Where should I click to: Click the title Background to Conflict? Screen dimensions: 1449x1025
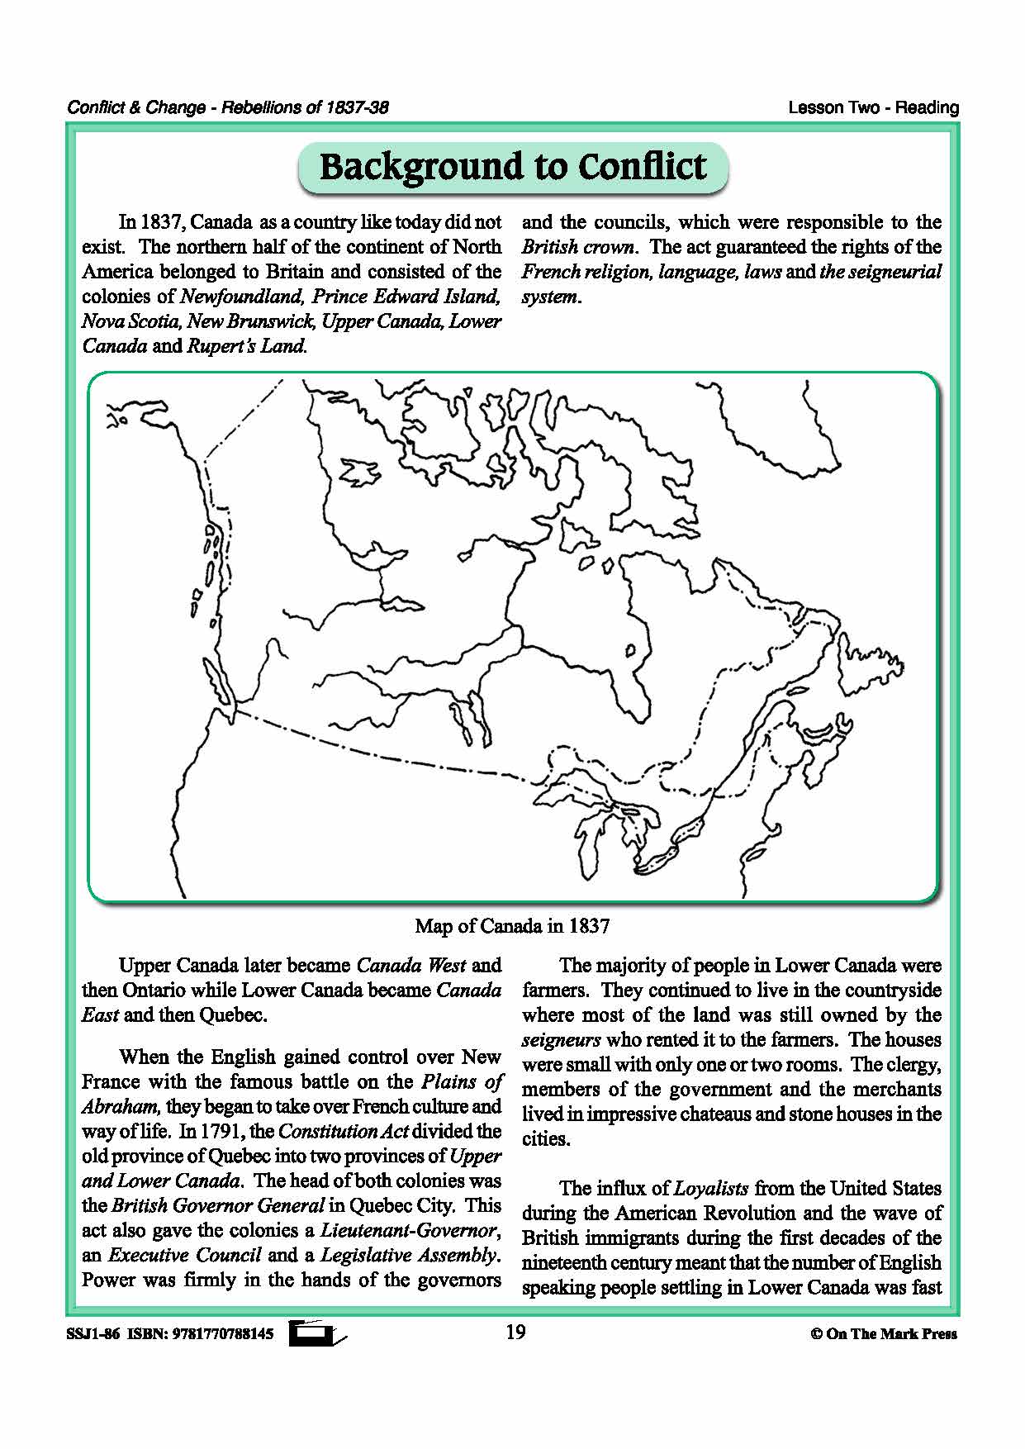(x=512, y=167)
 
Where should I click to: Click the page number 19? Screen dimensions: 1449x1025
(x=515, y=1332)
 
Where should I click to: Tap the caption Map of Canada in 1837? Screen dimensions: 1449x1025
(x=512, y=926)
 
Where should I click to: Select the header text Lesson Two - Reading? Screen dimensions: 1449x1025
(x=873, y=107)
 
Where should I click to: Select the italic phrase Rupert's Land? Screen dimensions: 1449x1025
(x=247, y=346)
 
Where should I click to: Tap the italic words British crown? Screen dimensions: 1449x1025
(x=578, y=247)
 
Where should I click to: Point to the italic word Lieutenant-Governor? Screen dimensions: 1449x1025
(x=410, y=1230)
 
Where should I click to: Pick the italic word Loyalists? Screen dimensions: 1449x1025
(x=711, y=1189)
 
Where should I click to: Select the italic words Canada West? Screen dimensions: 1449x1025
(x=410, y=966)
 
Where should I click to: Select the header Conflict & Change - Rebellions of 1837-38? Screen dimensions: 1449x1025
(x=228, y=107)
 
